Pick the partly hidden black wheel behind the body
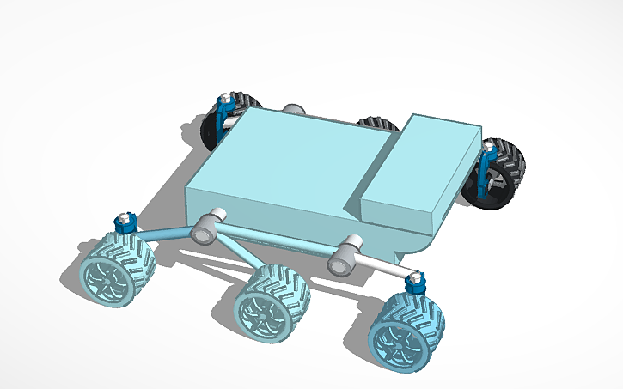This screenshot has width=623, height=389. (x=375, y=124)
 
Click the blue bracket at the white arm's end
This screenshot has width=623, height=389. (x=415, y=282)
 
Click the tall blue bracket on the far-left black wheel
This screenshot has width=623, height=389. (x=227, y=110)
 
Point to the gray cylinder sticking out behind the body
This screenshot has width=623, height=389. (x=294, y=109)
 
